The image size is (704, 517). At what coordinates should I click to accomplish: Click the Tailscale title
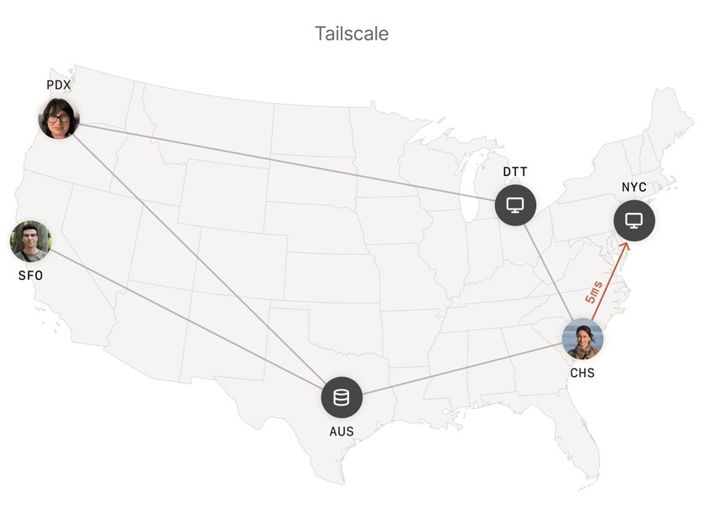[352, 34]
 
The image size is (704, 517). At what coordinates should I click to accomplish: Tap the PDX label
[58, 85]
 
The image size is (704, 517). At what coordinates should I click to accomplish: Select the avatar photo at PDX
[59, 118]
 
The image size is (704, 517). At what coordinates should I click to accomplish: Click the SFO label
[30, 276]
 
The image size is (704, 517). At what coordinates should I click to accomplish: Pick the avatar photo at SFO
[30, 241]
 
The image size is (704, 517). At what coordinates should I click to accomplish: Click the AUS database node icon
[342, 397]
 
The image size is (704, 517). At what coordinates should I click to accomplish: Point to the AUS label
[342, 432]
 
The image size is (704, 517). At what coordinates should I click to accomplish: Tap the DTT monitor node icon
[515, 204]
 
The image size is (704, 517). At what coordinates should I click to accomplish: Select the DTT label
[515, 172]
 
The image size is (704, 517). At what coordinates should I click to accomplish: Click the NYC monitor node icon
[634, 220]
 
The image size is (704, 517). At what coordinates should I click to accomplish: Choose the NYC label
[634, 187]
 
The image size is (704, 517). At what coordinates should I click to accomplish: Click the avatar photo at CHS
[582, 339]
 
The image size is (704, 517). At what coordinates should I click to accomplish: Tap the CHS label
[582, 373]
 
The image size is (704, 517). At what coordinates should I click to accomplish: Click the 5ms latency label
[594, 292]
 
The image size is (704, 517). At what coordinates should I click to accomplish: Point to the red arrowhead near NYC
[624, 246]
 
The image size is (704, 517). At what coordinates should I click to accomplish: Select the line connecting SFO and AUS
[185, 318]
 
